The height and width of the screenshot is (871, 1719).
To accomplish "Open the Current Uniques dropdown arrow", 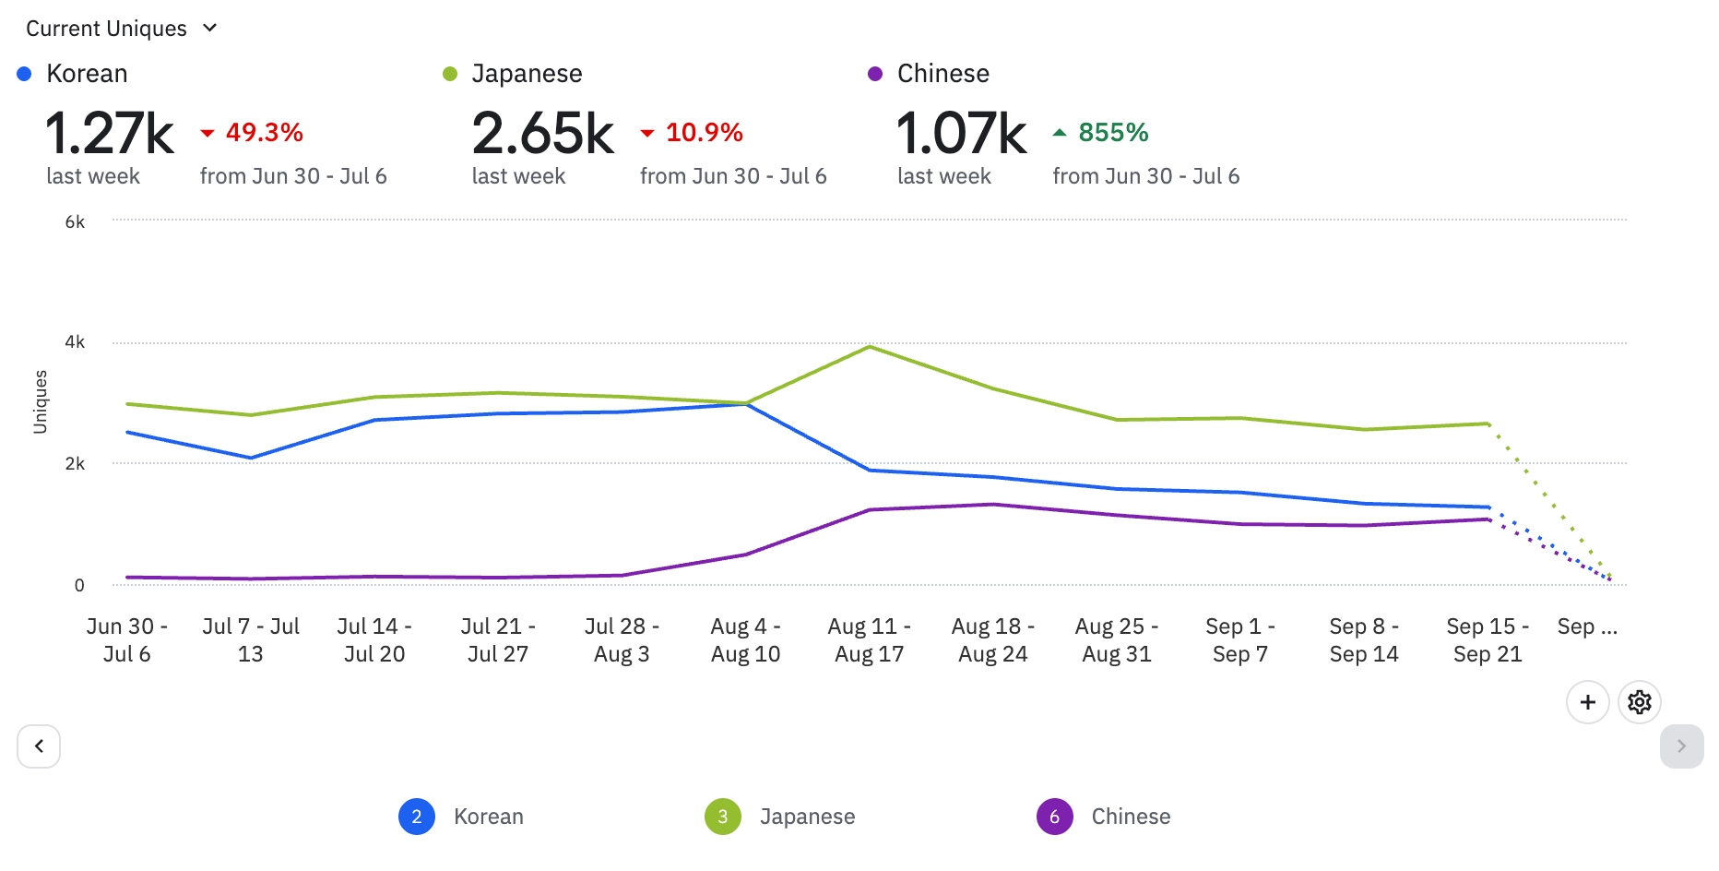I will pos(210,29).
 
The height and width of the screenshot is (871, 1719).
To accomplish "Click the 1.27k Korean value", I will pos(109,134).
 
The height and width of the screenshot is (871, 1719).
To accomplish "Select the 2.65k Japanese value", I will pos(542,134).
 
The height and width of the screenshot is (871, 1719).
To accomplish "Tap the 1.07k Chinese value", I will pos(961,134).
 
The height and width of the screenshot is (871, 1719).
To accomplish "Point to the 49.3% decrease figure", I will pos(264,133).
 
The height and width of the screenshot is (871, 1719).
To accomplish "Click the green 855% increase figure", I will pos(1113,133).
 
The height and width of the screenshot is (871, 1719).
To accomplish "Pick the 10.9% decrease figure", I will pos(704,133).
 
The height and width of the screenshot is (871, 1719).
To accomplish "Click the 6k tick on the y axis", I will pos(75,222).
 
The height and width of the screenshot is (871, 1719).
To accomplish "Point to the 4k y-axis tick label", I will pos(75,342).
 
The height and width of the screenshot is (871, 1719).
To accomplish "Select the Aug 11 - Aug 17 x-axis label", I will pos(869,640).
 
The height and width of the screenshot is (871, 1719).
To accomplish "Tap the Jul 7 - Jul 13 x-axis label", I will pos(251,640).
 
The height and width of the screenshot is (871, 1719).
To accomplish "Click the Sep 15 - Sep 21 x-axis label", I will pos(1488,640).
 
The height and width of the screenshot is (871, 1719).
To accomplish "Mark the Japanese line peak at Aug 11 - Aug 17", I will pos(870,347).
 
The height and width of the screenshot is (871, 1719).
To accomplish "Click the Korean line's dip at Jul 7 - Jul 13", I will pos(251,458).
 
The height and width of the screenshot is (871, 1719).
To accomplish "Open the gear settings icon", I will pos(1639,702).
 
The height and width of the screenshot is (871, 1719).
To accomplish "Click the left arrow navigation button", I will pos(39,746).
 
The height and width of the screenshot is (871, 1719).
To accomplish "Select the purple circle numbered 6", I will pos(1054,817).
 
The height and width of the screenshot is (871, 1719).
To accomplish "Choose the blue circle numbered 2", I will pos(417,817).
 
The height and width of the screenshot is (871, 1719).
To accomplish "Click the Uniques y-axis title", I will pos(41,402).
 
